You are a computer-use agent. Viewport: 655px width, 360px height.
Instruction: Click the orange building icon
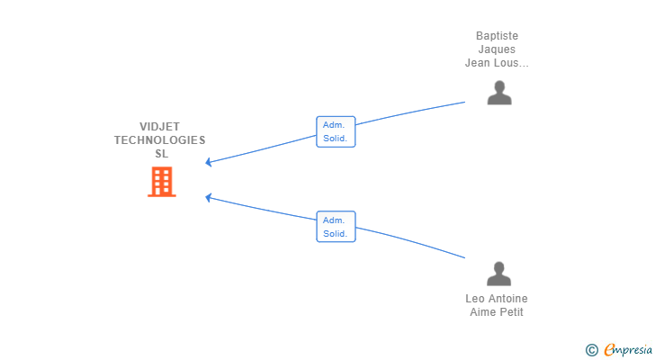[x=162, y=182]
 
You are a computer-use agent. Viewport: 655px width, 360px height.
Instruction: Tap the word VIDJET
[x=159, y=127]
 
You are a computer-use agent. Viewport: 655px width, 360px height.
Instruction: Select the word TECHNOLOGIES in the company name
[x=159, y=140]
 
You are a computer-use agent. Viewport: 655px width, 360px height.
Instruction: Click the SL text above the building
[x=162, y=154]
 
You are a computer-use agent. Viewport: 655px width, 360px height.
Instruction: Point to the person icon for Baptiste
[x=499, y=93]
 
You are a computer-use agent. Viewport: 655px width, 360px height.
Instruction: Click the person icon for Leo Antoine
[x=498, y=274]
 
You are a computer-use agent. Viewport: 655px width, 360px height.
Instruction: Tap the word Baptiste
[x=497, y=36]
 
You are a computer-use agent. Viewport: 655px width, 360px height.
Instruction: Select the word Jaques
[x=497, y=49]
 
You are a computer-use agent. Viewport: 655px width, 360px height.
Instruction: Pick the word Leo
[x=475, y=299]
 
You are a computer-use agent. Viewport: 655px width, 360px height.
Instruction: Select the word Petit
[x=511, y=312]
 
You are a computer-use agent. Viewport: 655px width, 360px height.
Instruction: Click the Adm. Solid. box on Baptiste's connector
[x=336, y=131]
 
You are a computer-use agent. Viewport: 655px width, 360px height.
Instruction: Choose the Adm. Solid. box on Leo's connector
[x=336, y=227]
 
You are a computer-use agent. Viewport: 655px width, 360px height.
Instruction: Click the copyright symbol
[x=591, y=350]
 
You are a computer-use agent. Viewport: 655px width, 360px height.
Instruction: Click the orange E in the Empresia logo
[x=610, y=349]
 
